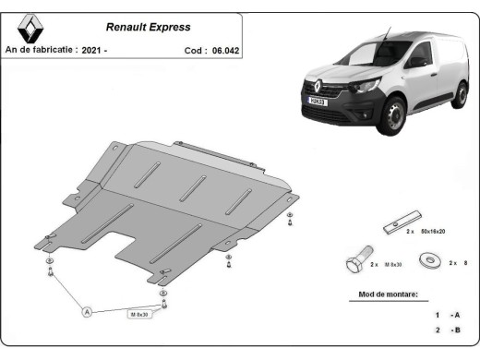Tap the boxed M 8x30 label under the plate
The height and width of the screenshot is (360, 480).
[138, 315]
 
